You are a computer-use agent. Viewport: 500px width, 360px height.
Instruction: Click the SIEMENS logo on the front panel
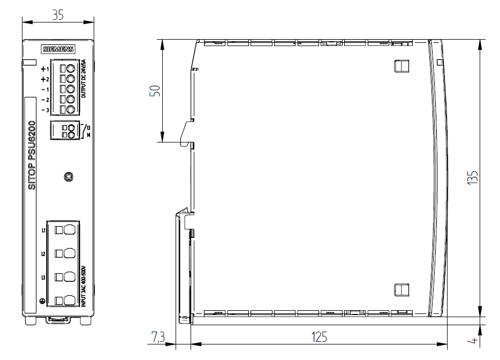click(x=58, y=49)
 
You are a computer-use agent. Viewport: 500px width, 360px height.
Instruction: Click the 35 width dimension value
click(x=58, y=15)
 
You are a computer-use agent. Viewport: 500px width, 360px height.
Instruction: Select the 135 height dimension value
click(x=473, y=177)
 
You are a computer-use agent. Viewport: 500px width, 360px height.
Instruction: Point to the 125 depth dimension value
click(x=319, y=337)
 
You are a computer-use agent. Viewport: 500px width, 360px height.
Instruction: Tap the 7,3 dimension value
click(x=158, y=337)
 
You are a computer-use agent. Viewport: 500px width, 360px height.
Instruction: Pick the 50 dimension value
click(x=155, y=91)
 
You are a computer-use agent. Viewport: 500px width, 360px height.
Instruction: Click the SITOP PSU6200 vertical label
click(x=32, y=155)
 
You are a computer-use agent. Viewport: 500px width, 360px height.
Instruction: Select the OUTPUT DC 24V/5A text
click(x=84, y=79)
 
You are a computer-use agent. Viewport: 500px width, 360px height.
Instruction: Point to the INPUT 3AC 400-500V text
click(x=84, y=286)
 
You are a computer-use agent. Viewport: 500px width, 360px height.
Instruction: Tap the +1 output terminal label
click(x=44, y=69)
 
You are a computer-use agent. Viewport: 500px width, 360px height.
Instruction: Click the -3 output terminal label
click(x=46, y=110)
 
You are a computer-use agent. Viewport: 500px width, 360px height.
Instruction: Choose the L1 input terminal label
click(x=43, y=230)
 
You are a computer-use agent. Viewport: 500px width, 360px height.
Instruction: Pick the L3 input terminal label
click(x=43, y=277)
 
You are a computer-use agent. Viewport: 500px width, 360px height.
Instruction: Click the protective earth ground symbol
click(x=42, y=301)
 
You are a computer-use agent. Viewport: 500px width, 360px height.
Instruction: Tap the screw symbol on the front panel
click(x=69, y=176)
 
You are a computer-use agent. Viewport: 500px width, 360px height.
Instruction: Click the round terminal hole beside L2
click(x=70, y=253)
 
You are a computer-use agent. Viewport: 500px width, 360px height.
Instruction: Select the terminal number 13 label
click(x=88, y=127)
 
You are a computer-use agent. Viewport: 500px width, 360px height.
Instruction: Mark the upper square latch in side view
click(x=401, y=66)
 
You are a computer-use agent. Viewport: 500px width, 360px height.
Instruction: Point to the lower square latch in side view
click(x=401, y=290)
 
